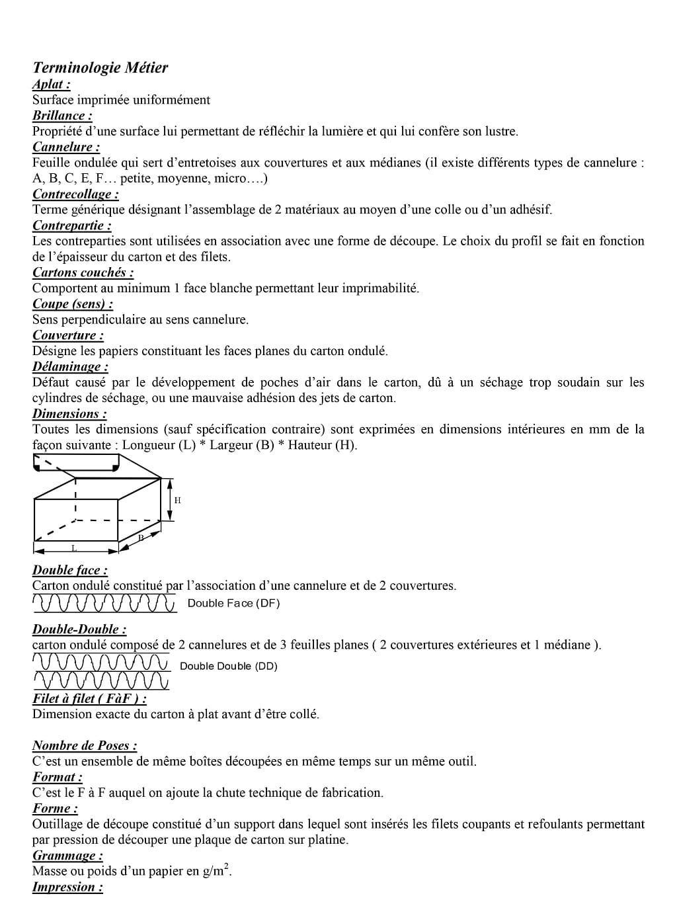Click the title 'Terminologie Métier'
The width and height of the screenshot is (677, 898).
coord(100,67)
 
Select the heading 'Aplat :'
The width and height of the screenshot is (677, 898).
coord(52,84)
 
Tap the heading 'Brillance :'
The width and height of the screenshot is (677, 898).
coord(62,116)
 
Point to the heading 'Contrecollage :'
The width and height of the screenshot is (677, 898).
coord(76,194)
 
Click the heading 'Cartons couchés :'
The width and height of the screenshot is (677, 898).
coord(83,272)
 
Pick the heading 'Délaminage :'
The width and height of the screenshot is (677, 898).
coord(70,366)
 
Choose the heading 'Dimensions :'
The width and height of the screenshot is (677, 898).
coord(69,414)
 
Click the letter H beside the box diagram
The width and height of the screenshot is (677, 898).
coord(178,500)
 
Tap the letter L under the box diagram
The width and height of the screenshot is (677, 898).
coord(74,548)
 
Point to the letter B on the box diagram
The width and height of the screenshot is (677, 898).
coord(141,538)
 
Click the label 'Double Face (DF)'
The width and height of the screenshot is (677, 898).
coord(234,603)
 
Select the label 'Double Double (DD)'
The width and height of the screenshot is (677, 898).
coord(229,666)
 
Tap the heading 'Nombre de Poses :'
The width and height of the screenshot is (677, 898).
coord(85,746)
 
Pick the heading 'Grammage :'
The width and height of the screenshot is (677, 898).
coord(68,856)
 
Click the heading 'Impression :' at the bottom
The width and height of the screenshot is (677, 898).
coord(68,887)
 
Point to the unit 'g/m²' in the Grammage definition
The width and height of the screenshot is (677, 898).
coord(217,871)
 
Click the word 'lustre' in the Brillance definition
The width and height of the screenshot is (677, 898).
coord(500,132)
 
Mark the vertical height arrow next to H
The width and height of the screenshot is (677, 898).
coord(170,500)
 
